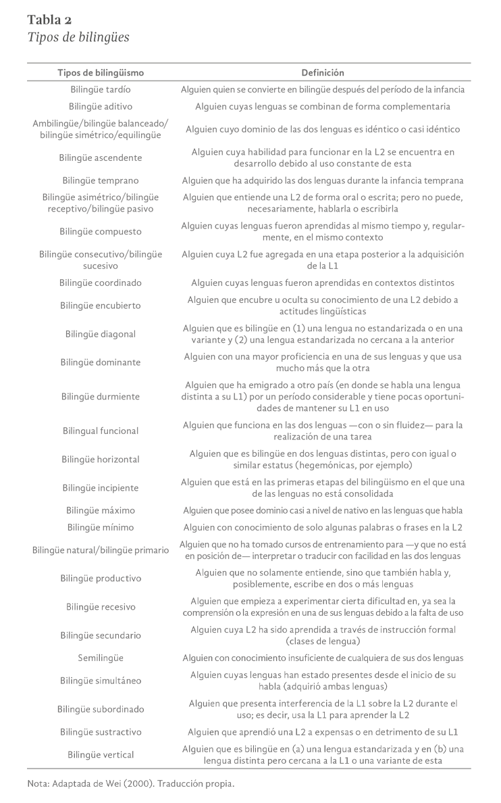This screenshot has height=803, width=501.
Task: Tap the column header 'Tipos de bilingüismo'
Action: (101, 72)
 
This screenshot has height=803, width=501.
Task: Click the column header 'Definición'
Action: (322, 72)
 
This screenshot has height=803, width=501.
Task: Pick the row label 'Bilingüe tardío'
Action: (101, 89)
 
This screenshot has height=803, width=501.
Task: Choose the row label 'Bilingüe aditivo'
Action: (101, 106)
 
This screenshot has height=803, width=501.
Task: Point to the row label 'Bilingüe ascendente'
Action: (101, 157)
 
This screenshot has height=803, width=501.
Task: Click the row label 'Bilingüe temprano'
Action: (101, 180)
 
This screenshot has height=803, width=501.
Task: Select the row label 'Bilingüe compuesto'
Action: (101, 231)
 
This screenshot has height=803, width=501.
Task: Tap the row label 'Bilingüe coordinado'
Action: (101, 283)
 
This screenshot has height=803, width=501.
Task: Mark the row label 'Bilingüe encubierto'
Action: (101, 306)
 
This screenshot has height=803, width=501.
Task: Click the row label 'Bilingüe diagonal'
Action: (101, 334)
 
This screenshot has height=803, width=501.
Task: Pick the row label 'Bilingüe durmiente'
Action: (101, 396)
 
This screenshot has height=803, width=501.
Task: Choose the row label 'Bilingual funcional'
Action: (101, 431)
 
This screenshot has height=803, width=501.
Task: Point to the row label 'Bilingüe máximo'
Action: (101, 510)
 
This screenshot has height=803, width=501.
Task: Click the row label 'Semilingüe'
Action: (101, 658)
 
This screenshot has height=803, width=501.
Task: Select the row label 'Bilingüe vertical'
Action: (101, 754)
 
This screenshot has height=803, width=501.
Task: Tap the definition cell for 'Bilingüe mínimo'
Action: (322, 527)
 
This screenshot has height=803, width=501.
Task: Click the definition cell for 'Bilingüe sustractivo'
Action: (322, 731)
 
